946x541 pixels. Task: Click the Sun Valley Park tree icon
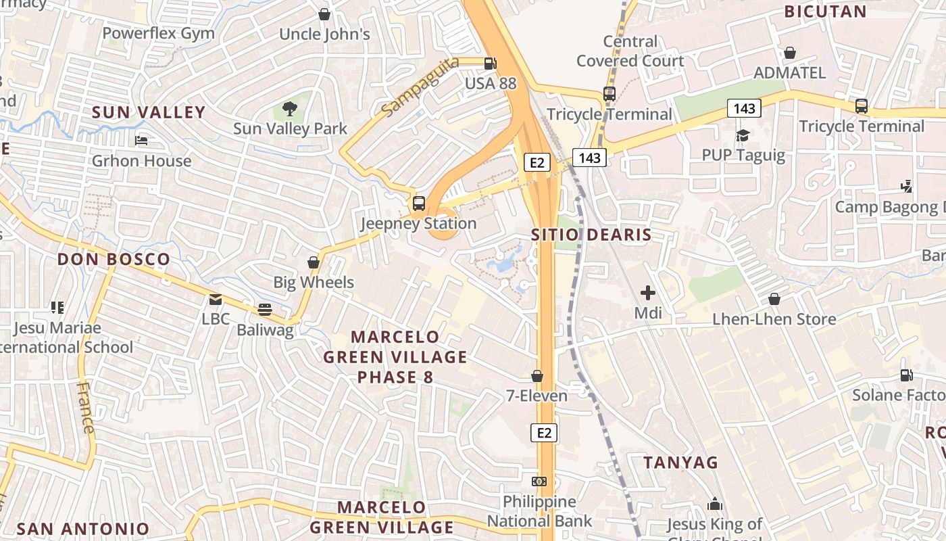(x=290, y=108)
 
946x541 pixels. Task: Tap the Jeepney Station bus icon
(x=419, y=203)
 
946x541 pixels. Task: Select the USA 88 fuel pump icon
(x=491, y=64)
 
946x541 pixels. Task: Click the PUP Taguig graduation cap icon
(x=743, y=135)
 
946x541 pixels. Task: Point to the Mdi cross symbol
(x=647, y=293)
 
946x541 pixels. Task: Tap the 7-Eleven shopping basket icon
(x=537, y=376)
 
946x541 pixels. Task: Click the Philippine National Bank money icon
(x=539, y=481)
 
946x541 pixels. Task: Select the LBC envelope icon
(x=216, y=300)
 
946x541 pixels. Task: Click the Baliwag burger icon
(x=265, y=310)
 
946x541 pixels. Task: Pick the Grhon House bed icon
(x=141, y=141)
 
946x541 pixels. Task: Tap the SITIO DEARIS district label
(x=591, y=235)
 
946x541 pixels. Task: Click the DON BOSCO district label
(x=114, y=259)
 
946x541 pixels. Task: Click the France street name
(x=86, y=407)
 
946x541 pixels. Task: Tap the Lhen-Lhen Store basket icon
(x=774, y=299)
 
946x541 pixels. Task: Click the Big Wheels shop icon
(x=314, y=262)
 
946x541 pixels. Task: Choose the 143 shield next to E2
(x=589, y=158)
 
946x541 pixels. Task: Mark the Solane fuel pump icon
(x=906, y=375)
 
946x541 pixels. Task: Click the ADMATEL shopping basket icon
(x=789, y=53)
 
